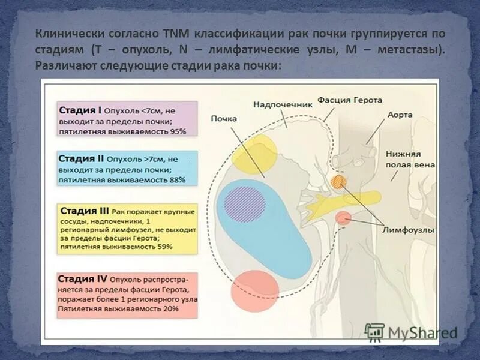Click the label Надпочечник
pos(283,104)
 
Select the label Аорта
pos(400,113)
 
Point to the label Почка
pos(223,119)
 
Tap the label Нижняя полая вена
pos(410,159)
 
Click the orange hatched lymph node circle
pos(339,182)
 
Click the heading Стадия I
pos(80,110)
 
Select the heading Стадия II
pos(82,159)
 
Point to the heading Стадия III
pos(84,211)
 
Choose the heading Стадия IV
pos(83,279)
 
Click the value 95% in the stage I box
pos(177,130)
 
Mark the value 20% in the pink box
pos(170,308)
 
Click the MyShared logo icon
pos(374,332)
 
